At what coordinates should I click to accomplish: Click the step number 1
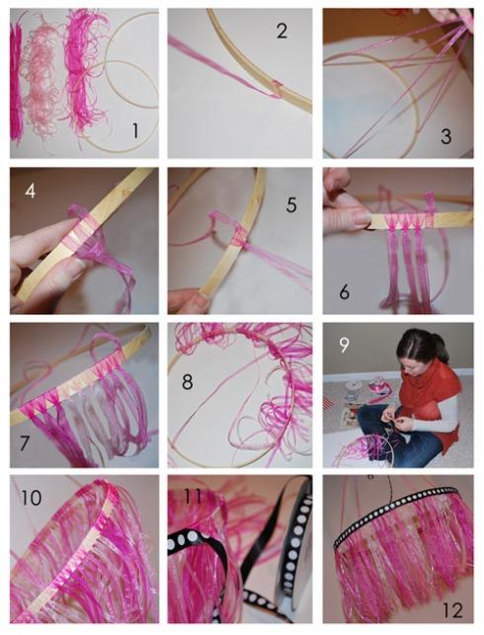[x=135, y=130]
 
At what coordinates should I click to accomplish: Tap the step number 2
[x=282, y=32]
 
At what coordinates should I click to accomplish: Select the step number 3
[x=445, y=136]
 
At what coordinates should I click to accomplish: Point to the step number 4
[x=30, y=191]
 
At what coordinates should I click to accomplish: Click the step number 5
[x=291, y=204]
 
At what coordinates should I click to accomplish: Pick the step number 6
[x=345, y=291]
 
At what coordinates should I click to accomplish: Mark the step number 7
[x=25, y=443]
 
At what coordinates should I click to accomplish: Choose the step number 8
[x=187, y=381]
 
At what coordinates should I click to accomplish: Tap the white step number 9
[x=344, y=345]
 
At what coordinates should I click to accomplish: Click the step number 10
[x=31, y=498]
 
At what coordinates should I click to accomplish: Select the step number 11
[x=193, y=497]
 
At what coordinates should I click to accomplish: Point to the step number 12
[x=452, y=610]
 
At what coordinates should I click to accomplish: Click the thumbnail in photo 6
[x=358, y=218]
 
